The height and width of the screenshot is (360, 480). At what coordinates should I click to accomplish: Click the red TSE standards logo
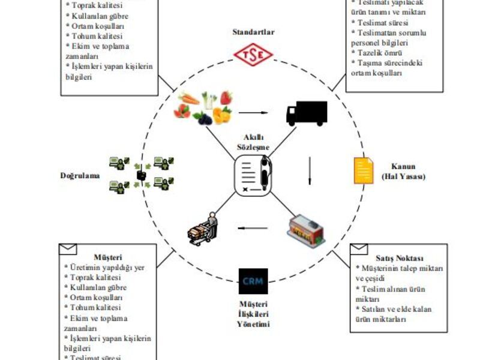pyautogui.click(x=253, y=56)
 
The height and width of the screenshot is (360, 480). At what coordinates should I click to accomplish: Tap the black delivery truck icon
pyautogui.click(x=306, y=113)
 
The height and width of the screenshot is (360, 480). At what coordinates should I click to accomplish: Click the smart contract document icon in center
pyautogui.click(x=253, y=175)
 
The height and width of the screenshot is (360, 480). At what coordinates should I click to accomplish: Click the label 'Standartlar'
pyautogui.click(x=253, y=32)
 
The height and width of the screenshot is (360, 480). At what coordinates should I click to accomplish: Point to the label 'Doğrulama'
pyautogui.click(x=80, y=176)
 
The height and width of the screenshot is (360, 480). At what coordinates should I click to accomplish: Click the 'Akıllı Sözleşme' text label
pyautogui.click(x=253, y=141)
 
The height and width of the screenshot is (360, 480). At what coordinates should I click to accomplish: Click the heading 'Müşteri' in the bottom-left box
pyautogui.click(x=107, y=258)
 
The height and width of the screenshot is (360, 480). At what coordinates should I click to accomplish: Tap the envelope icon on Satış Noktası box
pyautogui.click(x=359, y=248)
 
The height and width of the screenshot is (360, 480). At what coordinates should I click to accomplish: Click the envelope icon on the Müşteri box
pyautogui.click(x=68, y=248)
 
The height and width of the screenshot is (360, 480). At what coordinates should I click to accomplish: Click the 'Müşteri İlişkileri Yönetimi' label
pyautogui.click(x=253, y=313)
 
